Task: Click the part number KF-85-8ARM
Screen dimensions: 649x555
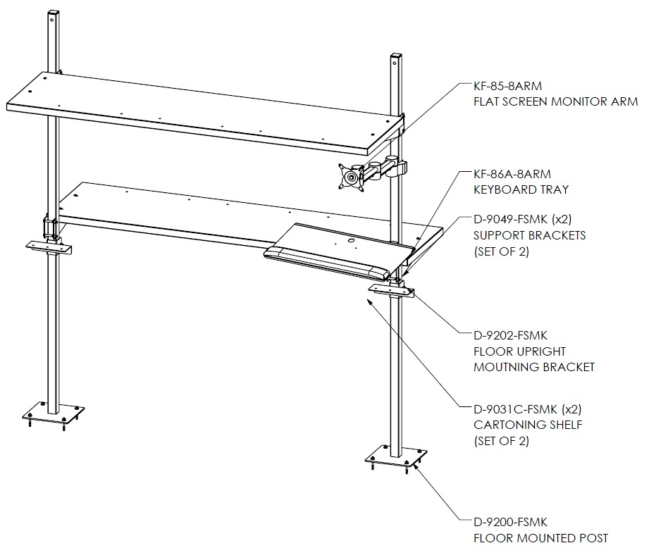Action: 508,86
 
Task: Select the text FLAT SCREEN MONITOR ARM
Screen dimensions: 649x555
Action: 556,101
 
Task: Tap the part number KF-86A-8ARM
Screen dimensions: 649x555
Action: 512,174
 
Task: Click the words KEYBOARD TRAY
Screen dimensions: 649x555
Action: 521,189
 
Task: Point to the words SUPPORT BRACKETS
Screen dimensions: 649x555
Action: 530,235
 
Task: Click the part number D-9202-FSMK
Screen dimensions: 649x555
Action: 511,335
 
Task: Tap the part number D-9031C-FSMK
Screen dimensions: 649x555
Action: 516,409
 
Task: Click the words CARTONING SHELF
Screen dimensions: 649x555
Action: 528,425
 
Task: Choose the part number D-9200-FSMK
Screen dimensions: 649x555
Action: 511,523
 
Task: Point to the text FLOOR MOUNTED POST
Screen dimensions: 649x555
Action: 541,538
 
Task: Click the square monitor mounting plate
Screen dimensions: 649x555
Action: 352,177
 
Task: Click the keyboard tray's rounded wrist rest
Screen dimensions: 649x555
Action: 327,263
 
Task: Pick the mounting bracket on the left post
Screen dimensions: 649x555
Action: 49,247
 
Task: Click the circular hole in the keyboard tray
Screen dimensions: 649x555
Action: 350,240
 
